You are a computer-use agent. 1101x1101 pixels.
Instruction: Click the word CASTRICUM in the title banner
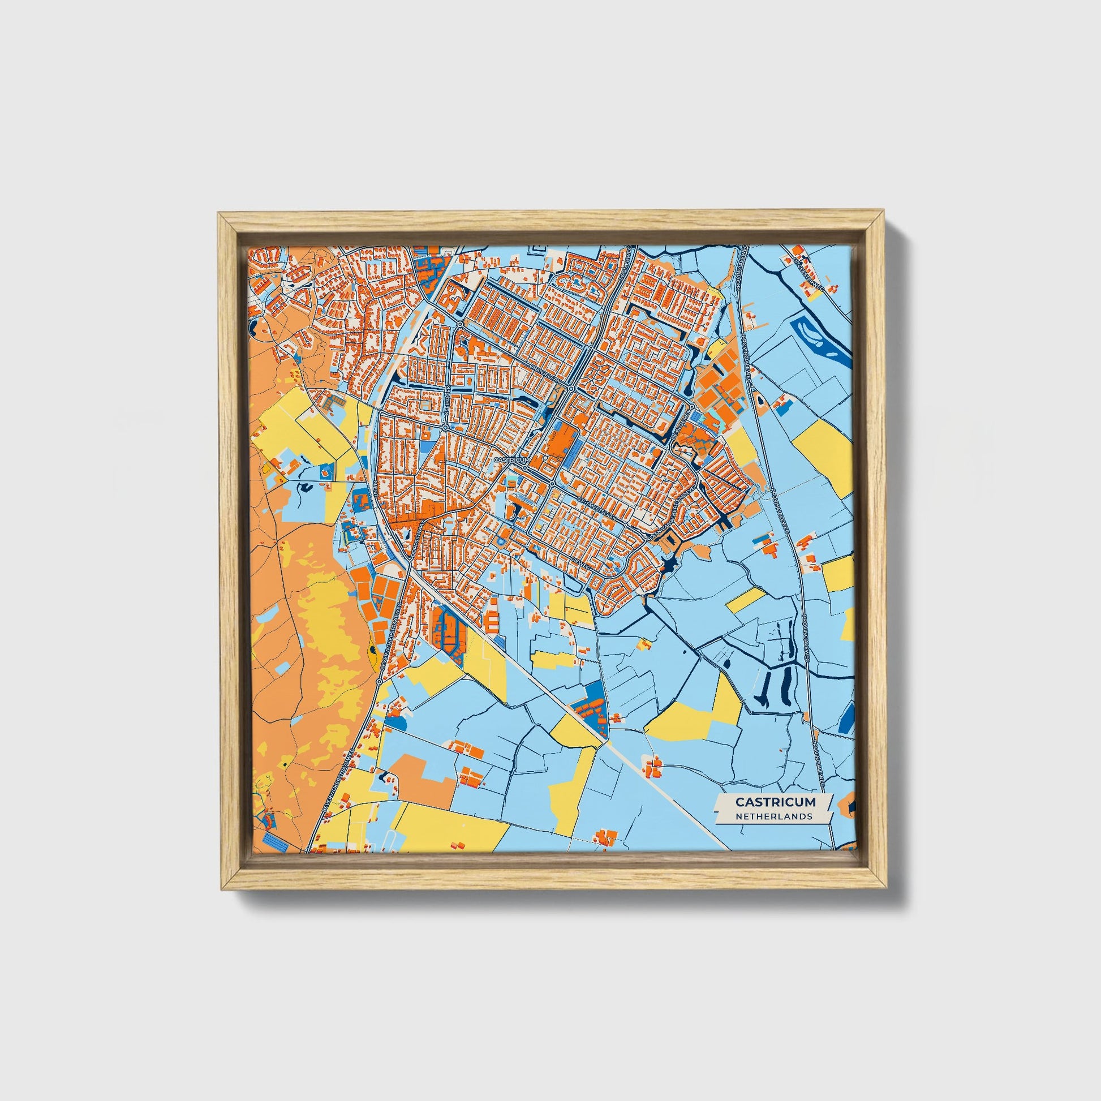click(775, 802)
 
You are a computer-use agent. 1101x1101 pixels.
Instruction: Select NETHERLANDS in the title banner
click(773, 816)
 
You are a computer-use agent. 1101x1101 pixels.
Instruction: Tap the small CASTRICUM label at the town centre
click(512, 459)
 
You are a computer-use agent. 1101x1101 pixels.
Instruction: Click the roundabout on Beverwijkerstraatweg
click(379, 682)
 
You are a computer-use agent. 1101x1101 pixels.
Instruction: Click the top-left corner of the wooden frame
click(219, 213)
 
